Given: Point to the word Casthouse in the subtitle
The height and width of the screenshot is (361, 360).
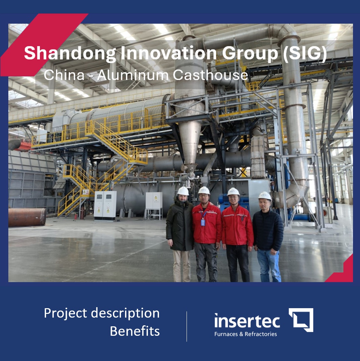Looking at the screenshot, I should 210,75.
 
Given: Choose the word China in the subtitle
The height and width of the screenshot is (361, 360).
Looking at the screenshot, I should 64,75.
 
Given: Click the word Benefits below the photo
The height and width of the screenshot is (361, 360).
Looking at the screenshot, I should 134,331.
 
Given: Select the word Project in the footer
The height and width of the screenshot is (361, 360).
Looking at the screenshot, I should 66,314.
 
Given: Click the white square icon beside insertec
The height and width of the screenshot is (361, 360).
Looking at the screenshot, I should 301,320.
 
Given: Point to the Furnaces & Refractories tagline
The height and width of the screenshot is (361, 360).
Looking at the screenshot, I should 245,334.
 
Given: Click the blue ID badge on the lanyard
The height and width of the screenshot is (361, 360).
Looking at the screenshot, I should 203,222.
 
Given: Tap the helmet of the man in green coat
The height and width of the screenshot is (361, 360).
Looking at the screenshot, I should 183,191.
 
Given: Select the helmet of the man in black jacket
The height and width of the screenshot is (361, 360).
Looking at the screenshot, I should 265,196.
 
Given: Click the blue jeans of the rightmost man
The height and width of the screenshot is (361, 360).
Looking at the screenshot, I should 269,264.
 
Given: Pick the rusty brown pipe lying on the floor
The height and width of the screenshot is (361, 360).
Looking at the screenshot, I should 27,217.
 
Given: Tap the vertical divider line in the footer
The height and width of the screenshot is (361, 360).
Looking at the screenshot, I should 187,326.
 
